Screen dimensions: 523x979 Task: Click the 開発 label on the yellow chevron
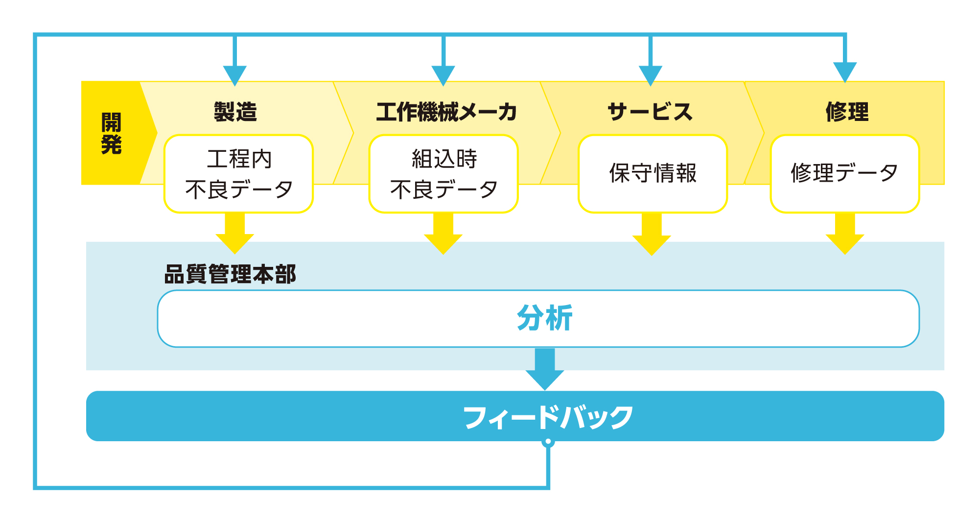tap(112, 133)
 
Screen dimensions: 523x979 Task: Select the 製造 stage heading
tap(235, 112)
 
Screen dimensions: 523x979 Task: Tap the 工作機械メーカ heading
tap(446, 112)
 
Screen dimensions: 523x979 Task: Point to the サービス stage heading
tap(650, 112)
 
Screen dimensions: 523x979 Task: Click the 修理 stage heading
tap(847, 112)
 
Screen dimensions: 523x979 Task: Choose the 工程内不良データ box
tap(238, 174)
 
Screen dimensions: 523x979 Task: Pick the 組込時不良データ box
tap(443, 174)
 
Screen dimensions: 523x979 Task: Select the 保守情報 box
tap(653, 174)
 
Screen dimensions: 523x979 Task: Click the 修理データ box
tap(845, 174)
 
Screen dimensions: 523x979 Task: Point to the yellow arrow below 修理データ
tap(845, 236)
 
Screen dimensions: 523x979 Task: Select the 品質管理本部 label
tap(230, 274)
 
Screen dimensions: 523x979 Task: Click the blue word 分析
tap(544, 318)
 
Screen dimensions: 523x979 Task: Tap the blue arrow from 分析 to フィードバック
tap(545, 370)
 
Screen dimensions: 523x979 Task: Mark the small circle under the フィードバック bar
tap(548, 442)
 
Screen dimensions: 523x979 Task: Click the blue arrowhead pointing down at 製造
tap(235, 75)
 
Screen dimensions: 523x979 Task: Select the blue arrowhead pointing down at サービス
tap(651, 75)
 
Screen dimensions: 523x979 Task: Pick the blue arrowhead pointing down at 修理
tap(845, 71)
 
